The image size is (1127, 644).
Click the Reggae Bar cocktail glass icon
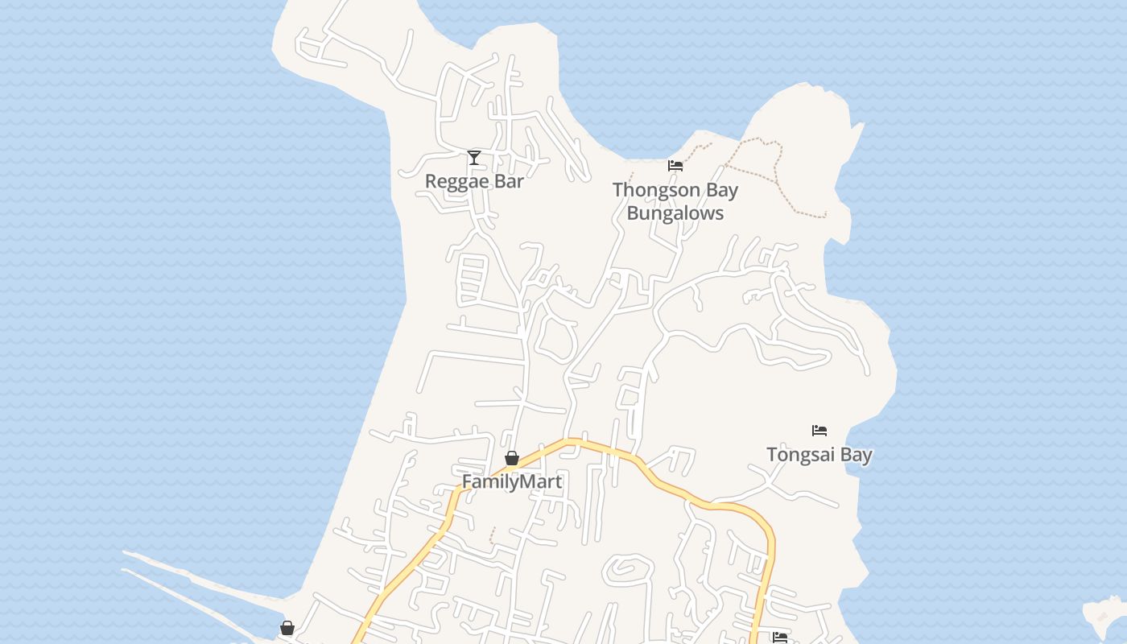point(474,157)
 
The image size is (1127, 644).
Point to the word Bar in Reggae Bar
point(509,181)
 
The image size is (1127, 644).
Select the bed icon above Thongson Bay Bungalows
point(675,166)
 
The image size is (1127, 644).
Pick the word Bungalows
point(675,213)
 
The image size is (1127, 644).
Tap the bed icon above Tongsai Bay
point(819,430)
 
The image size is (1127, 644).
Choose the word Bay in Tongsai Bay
point(857,455)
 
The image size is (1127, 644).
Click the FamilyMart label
point(512,481)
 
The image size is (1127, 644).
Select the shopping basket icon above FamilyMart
point(512,458)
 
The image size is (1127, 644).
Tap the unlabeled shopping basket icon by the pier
point(287,628)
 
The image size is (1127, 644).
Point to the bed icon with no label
point(779,638)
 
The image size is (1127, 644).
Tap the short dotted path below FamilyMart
point(493,535)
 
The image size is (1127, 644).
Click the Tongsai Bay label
point(819,455)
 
